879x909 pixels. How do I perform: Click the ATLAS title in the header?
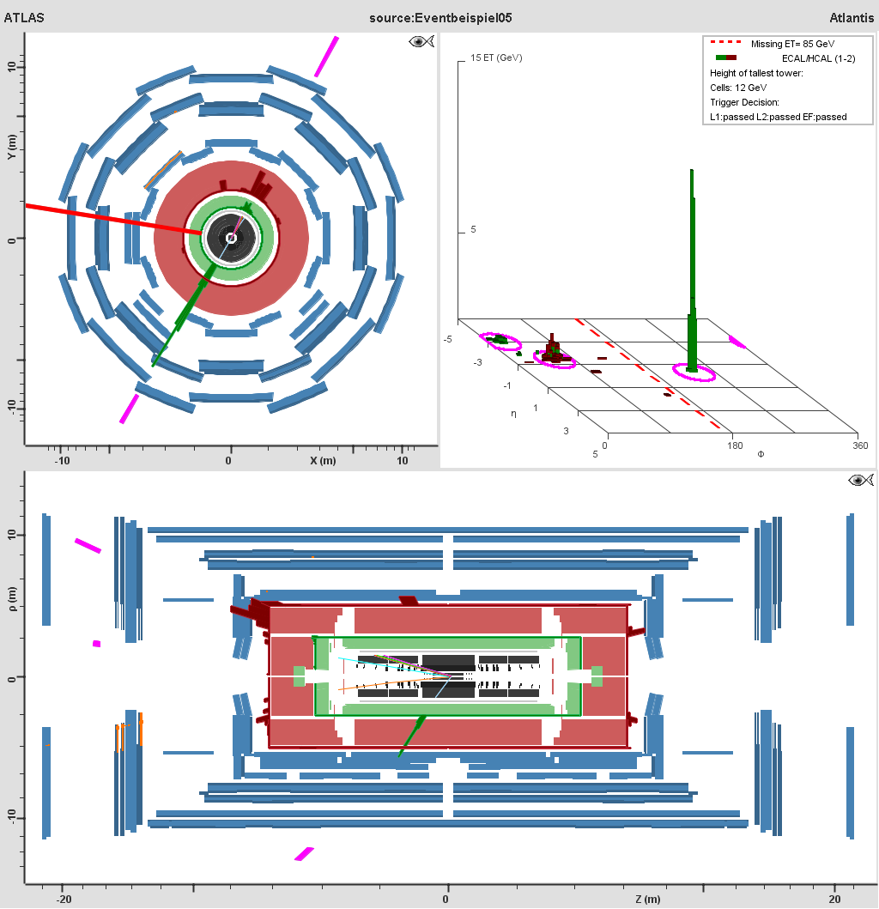pyautogui.click(x=24, y=17)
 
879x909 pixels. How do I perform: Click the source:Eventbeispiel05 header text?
pyautogui.click(x=440, y=18)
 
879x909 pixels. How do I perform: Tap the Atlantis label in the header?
pyautogui.click(x=852, y=18)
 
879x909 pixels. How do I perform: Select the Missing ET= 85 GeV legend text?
pyautogui.click(x=792, y=44)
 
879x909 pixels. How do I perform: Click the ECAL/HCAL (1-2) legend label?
pyautogui.click(x=818, y=58)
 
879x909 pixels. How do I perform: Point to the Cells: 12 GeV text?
pyautogui.click(x=738, y=88)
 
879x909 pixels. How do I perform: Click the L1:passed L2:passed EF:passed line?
pyautogui.click(x=778, y=117)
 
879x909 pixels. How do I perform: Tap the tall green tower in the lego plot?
pyautogui.click(x=692, y=270)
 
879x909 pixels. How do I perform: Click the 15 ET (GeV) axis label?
pyautogui.click(x=496, y=58)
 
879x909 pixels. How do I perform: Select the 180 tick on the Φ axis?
pyautogui.click(x=735, y=445)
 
